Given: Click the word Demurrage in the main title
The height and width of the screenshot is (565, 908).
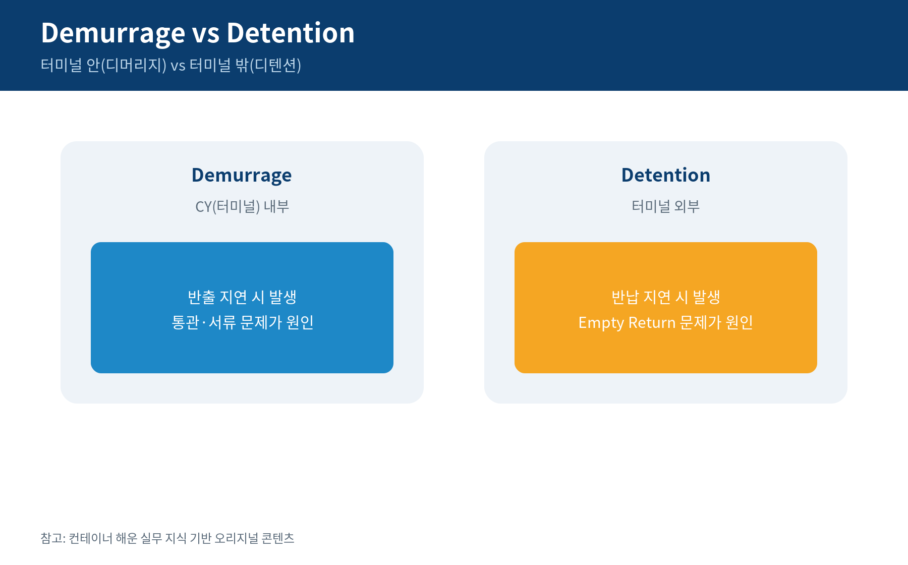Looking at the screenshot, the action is coord(113,34).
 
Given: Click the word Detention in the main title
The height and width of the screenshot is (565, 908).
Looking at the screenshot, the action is coord(291,33).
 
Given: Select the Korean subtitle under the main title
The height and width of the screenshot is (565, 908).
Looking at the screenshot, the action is coord(171,65).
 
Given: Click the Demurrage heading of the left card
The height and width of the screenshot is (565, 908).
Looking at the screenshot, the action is coord(242,176).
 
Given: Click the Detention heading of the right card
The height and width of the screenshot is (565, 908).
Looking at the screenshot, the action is coord(666,175).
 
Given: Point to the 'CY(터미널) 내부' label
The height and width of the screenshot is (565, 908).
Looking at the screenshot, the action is coord(242,206).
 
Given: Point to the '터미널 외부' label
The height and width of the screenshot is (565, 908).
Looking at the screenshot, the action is coord(666,206).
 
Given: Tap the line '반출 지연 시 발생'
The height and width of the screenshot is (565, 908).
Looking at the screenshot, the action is coord(242,297).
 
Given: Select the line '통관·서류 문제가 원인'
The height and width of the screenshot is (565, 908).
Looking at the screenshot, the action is coord(243,322).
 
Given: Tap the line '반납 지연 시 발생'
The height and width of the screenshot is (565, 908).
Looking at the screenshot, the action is coord(666,297).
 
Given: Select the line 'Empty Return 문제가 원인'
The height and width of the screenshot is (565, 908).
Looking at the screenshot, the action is coord(666,322).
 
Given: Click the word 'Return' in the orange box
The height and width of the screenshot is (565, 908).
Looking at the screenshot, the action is coord(652,322).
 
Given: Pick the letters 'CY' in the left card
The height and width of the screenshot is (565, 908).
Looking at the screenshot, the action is coord(203,207).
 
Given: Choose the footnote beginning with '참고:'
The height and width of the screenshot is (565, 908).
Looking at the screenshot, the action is coord(167,538).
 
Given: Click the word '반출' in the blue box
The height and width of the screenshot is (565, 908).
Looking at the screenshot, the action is coord(201,297).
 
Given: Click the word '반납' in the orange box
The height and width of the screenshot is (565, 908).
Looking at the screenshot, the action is coord(625,297).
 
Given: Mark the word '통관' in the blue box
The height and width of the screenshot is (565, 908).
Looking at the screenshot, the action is coord(185,322).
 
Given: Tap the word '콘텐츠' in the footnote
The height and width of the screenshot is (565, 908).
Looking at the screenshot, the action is coord(278,538).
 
